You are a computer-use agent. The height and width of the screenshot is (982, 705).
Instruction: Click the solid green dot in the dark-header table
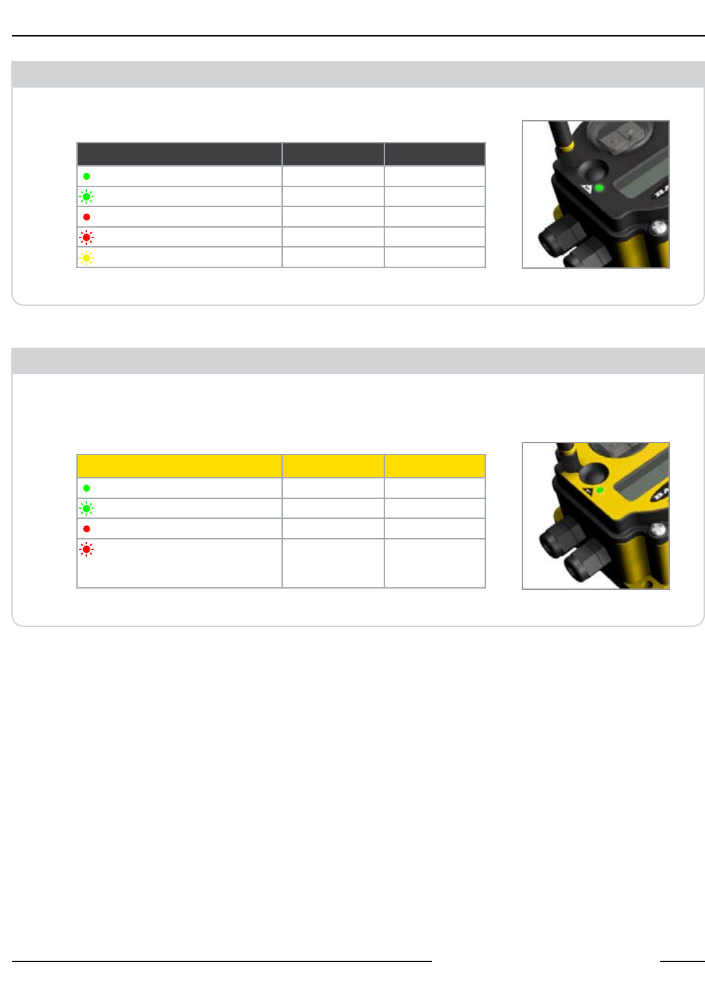click(x=86, y=176)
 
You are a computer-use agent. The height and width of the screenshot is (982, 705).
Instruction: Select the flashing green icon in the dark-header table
click(x=86, y=196)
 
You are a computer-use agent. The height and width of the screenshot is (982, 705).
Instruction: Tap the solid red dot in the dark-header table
click(x=86, y=217)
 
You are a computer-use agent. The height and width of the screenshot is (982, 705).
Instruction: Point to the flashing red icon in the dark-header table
click(x=86, y=237)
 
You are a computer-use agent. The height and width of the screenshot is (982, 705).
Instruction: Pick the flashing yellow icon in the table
click(x=86, y=257)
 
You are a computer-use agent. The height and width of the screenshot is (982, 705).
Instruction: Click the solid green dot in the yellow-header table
click(x=86, y=488)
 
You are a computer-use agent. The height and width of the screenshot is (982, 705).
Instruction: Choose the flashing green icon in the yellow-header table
click(x=86, y=508)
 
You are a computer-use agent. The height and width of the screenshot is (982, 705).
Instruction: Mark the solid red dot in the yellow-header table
click(x=86, y=529)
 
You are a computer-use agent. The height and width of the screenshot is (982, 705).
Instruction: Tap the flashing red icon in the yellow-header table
click(x=86, y=549)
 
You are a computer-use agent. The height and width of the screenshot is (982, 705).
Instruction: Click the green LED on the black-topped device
click(x=599, y=188)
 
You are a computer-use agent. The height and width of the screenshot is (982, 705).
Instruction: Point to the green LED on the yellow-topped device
click(x=599, y=490)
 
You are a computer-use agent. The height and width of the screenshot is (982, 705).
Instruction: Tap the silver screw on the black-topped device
click(x=659, y=228)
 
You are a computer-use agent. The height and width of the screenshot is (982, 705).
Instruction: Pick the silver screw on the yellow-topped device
click(x=659, y=529)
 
